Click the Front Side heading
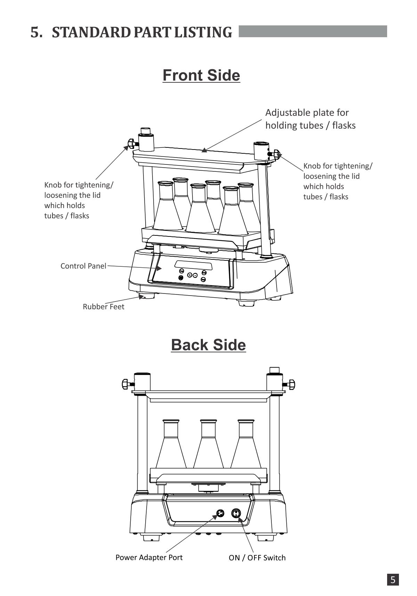point(201,75)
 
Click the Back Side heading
point(208,345)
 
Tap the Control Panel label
point(83,266)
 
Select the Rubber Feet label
point(103,307)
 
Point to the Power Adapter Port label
point(149,557)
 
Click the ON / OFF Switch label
point(257,558)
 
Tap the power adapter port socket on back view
point(220,513)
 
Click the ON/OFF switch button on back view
point(236,513)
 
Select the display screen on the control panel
point(193,265)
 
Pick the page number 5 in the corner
point(393,580)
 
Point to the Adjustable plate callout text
point(310,119)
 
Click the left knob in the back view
point(126,384)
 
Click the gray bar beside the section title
point(313,31)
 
